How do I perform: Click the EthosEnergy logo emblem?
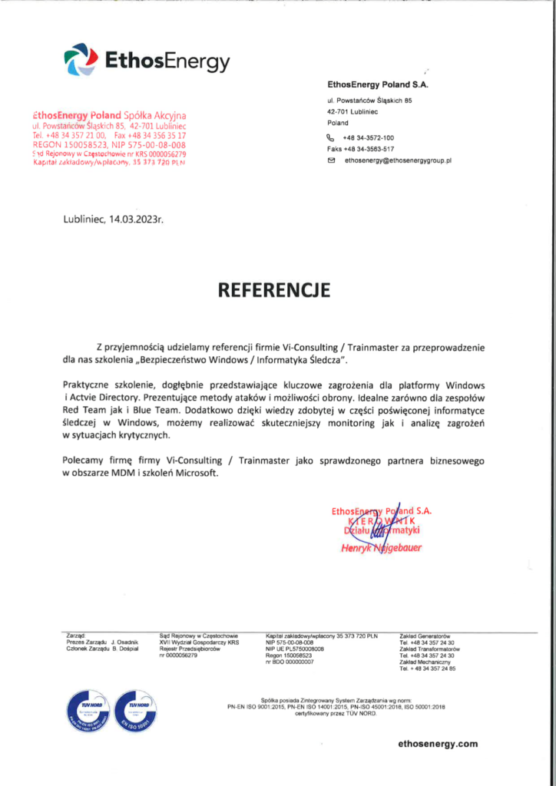tap(81, 59)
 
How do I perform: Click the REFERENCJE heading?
tap(274, 290)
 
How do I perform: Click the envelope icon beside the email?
tap(332, 161)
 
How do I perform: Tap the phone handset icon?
tap(332, 137)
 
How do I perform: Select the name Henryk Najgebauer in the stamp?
tap(382, 548)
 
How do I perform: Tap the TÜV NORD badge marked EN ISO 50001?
tap(134, 709)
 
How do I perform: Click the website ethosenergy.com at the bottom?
tap(439, 744)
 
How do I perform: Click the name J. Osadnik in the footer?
tap(124, 642)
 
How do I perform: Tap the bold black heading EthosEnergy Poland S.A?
tap(377, 84)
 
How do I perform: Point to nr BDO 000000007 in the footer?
tap(290, 662)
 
